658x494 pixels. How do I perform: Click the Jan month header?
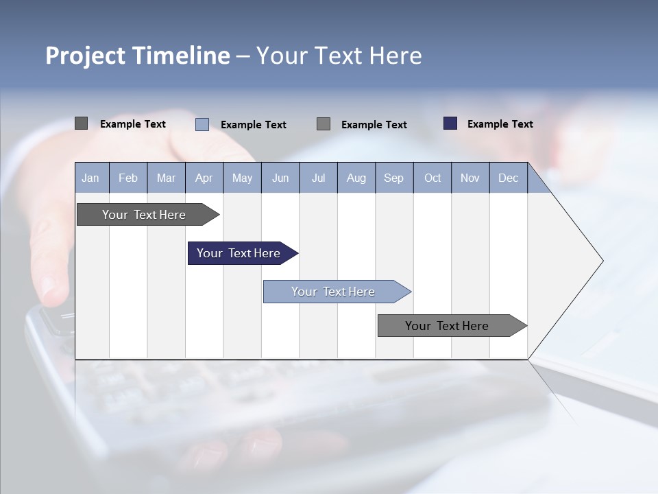pos(90,178)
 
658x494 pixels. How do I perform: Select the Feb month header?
pos(128,178)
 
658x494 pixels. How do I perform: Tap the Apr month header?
pos(204,178)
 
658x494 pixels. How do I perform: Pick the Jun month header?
pos(280,178)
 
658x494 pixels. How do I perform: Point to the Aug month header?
pos(356,178)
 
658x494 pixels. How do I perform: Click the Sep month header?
pos(393,178)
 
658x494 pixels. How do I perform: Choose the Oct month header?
pos(432,178)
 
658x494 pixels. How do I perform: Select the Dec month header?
pos(508,178)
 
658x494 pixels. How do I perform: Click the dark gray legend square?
pos(81,123)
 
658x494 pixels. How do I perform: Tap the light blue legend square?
pos(202,124)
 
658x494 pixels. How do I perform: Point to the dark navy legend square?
pos(450,123)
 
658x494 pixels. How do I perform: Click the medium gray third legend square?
pos(324,123)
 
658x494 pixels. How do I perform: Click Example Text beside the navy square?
pos(500,124)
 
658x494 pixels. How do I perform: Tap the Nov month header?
pos(470,178)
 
